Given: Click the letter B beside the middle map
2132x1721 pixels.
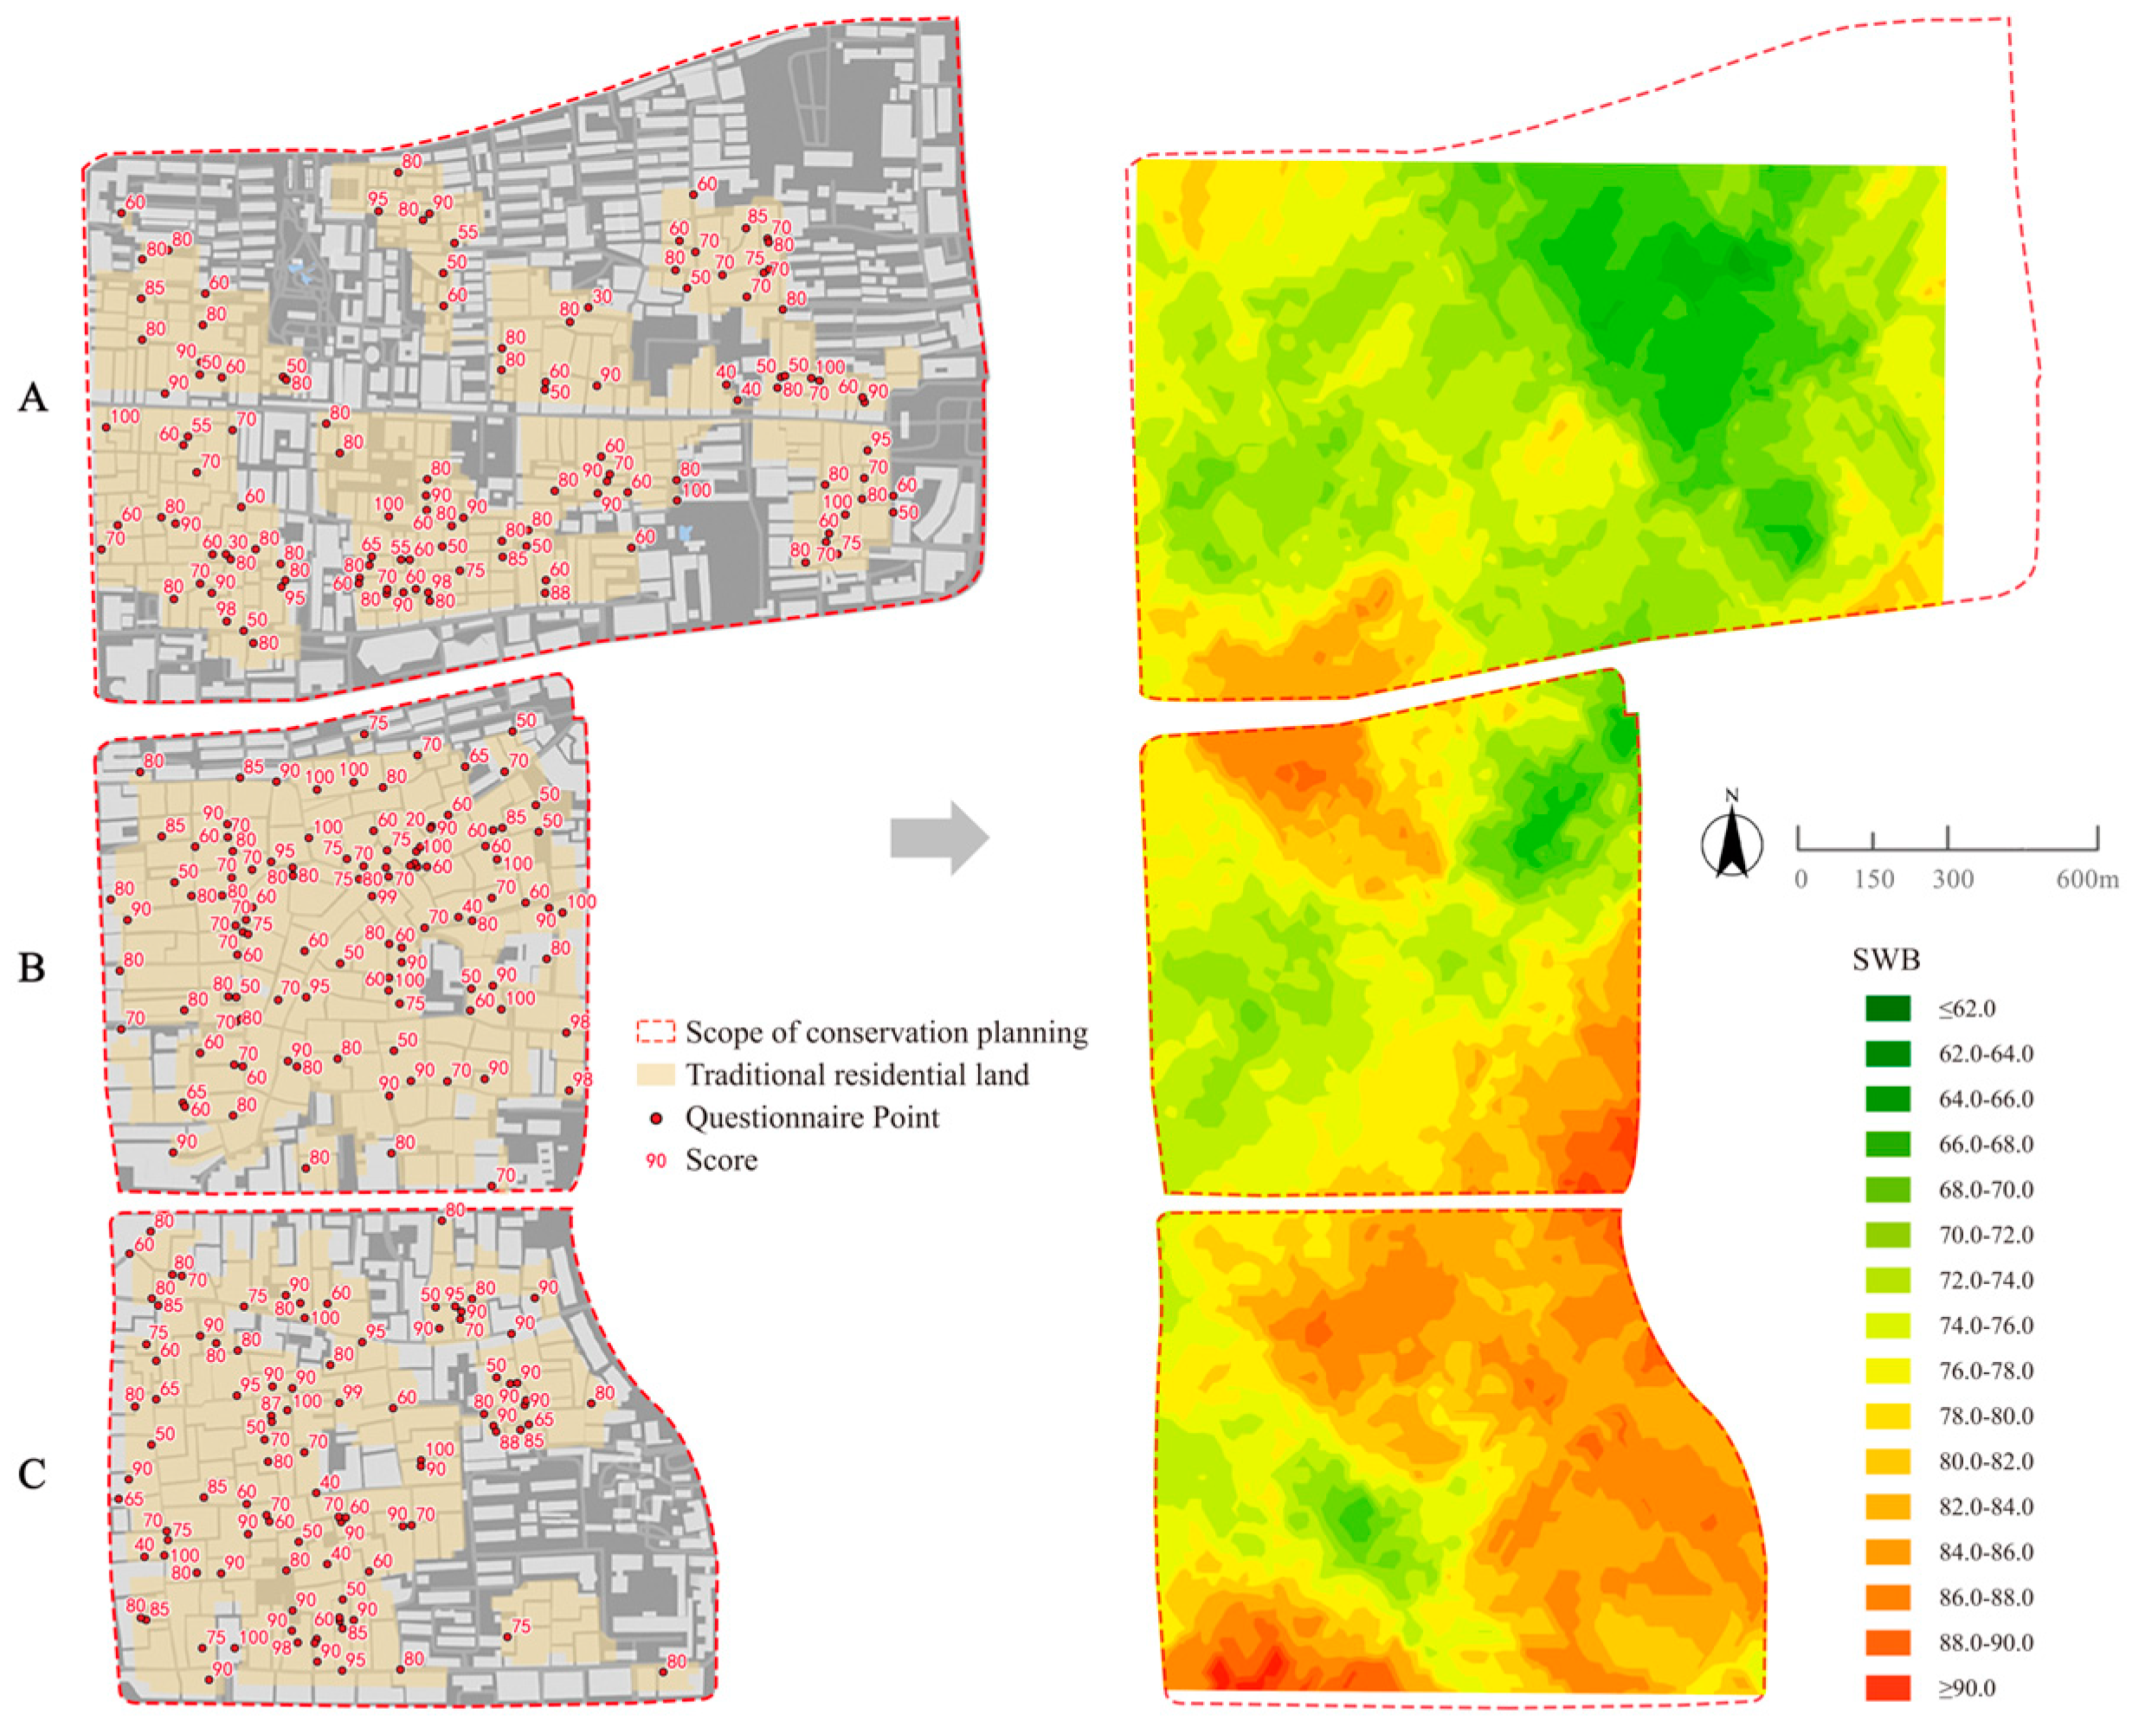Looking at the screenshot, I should point(32,967).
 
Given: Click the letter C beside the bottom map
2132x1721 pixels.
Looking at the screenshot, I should point(32,1474).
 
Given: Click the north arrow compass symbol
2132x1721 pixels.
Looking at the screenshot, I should point(1731,844).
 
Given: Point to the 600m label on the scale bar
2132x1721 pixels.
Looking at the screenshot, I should point(2086,880).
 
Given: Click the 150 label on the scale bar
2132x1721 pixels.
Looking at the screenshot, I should point(1873,880).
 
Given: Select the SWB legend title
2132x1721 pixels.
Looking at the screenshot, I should point(1886,960).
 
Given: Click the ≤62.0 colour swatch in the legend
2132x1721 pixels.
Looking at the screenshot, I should point(1887,1008).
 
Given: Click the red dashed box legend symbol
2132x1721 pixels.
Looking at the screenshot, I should point(654,1033).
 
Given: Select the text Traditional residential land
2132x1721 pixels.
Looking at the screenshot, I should point(857,1075).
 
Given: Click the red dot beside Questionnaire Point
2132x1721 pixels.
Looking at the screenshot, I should point(655,1118).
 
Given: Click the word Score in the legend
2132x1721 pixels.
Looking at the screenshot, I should point(721,1160).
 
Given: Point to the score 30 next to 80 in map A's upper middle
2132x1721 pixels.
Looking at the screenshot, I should point(602,297).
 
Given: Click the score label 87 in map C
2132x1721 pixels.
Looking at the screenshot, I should point(271,1403).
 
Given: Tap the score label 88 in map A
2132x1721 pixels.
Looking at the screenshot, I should point(559,593).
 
